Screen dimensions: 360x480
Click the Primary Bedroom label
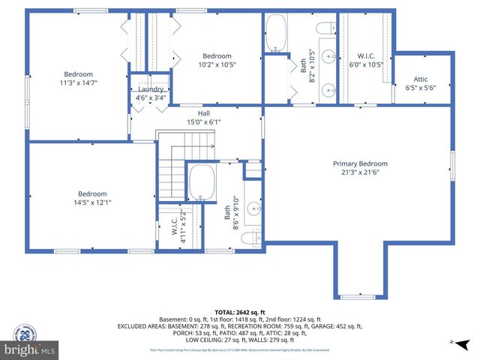click(x=360, y=163)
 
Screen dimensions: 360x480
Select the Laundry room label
click(x=151, y=88)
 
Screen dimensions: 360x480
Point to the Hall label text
click(x=203, y=113)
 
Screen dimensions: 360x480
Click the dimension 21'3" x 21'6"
click(x=360, y=172)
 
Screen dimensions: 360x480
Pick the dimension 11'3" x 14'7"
click(x=78, y=82)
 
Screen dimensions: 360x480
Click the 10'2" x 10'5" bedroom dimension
click(x=217, y=64)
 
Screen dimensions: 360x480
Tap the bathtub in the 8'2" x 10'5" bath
click(x=275, y=36)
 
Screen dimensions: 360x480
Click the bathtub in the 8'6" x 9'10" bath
click(x=202, y=182)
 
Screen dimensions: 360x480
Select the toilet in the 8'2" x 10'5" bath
click(x=325, y=28)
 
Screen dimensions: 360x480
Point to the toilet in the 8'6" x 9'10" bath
click(x=255, y=238)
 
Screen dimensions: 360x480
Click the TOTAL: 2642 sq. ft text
click(x=239, y=310)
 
